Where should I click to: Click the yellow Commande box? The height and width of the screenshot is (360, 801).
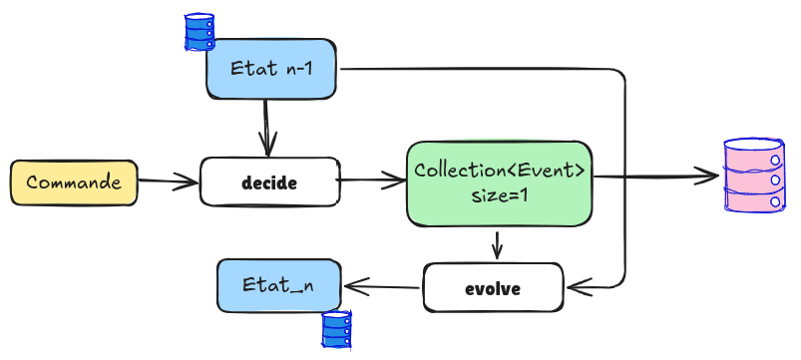point(73,182)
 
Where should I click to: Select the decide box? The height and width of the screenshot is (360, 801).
point(269,182)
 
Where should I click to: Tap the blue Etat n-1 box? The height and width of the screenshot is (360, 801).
point(269,69)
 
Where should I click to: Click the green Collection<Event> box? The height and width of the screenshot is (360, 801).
point(499,182)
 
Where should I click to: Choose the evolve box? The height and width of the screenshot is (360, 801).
point(493,288)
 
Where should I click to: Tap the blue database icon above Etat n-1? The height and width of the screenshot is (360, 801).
point(200,31)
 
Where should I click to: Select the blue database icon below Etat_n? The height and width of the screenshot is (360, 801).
point(337,329)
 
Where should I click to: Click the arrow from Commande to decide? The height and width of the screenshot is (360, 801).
point(168,181)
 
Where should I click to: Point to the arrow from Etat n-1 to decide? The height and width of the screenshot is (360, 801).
point(266,127)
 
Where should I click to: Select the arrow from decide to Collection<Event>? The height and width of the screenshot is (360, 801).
point(371,180)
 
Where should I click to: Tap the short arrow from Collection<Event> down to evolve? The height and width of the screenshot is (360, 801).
point(497,244)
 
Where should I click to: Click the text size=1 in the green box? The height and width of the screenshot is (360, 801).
point(498,196)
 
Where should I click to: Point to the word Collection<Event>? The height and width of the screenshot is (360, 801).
point(499,170)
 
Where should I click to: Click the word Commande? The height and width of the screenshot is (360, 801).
point(73,182)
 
